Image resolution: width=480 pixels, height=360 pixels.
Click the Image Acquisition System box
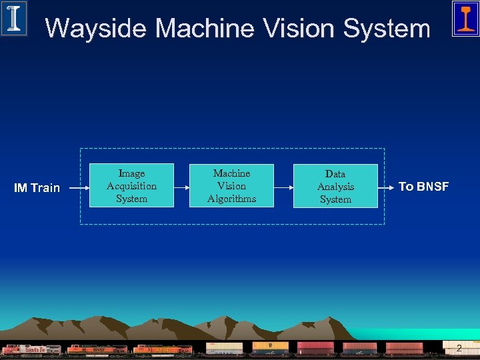tap(131, 185)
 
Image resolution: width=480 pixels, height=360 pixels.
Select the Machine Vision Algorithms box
tap(231, 185)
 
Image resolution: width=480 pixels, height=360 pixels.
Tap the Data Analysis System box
tap(335, 186)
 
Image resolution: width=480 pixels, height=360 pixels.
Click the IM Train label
tap(37, 188)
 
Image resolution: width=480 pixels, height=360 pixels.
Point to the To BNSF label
tap(423, 187)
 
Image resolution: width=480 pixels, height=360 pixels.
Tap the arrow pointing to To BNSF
tap(387, 187)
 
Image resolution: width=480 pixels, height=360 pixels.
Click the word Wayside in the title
tap(96, 29)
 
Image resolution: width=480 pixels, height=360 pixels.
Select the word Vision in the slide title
tap(299, 29)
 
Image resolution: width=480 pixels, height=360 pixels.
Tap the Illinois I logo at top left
tap(14, 18)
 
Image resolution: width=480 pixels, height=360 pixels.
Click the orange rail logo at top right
tap(465, 18)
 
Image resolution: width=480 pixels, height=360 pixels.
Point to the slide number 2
tap(459, 348)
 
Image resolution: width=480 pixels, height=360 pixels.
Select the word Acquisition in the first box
tap(131, 186)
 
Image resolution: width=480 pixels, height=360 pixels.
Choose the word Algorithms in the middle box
tap(231, 199)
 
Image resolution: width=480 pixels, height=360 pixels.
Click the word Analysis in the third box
tap(335, 187)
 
